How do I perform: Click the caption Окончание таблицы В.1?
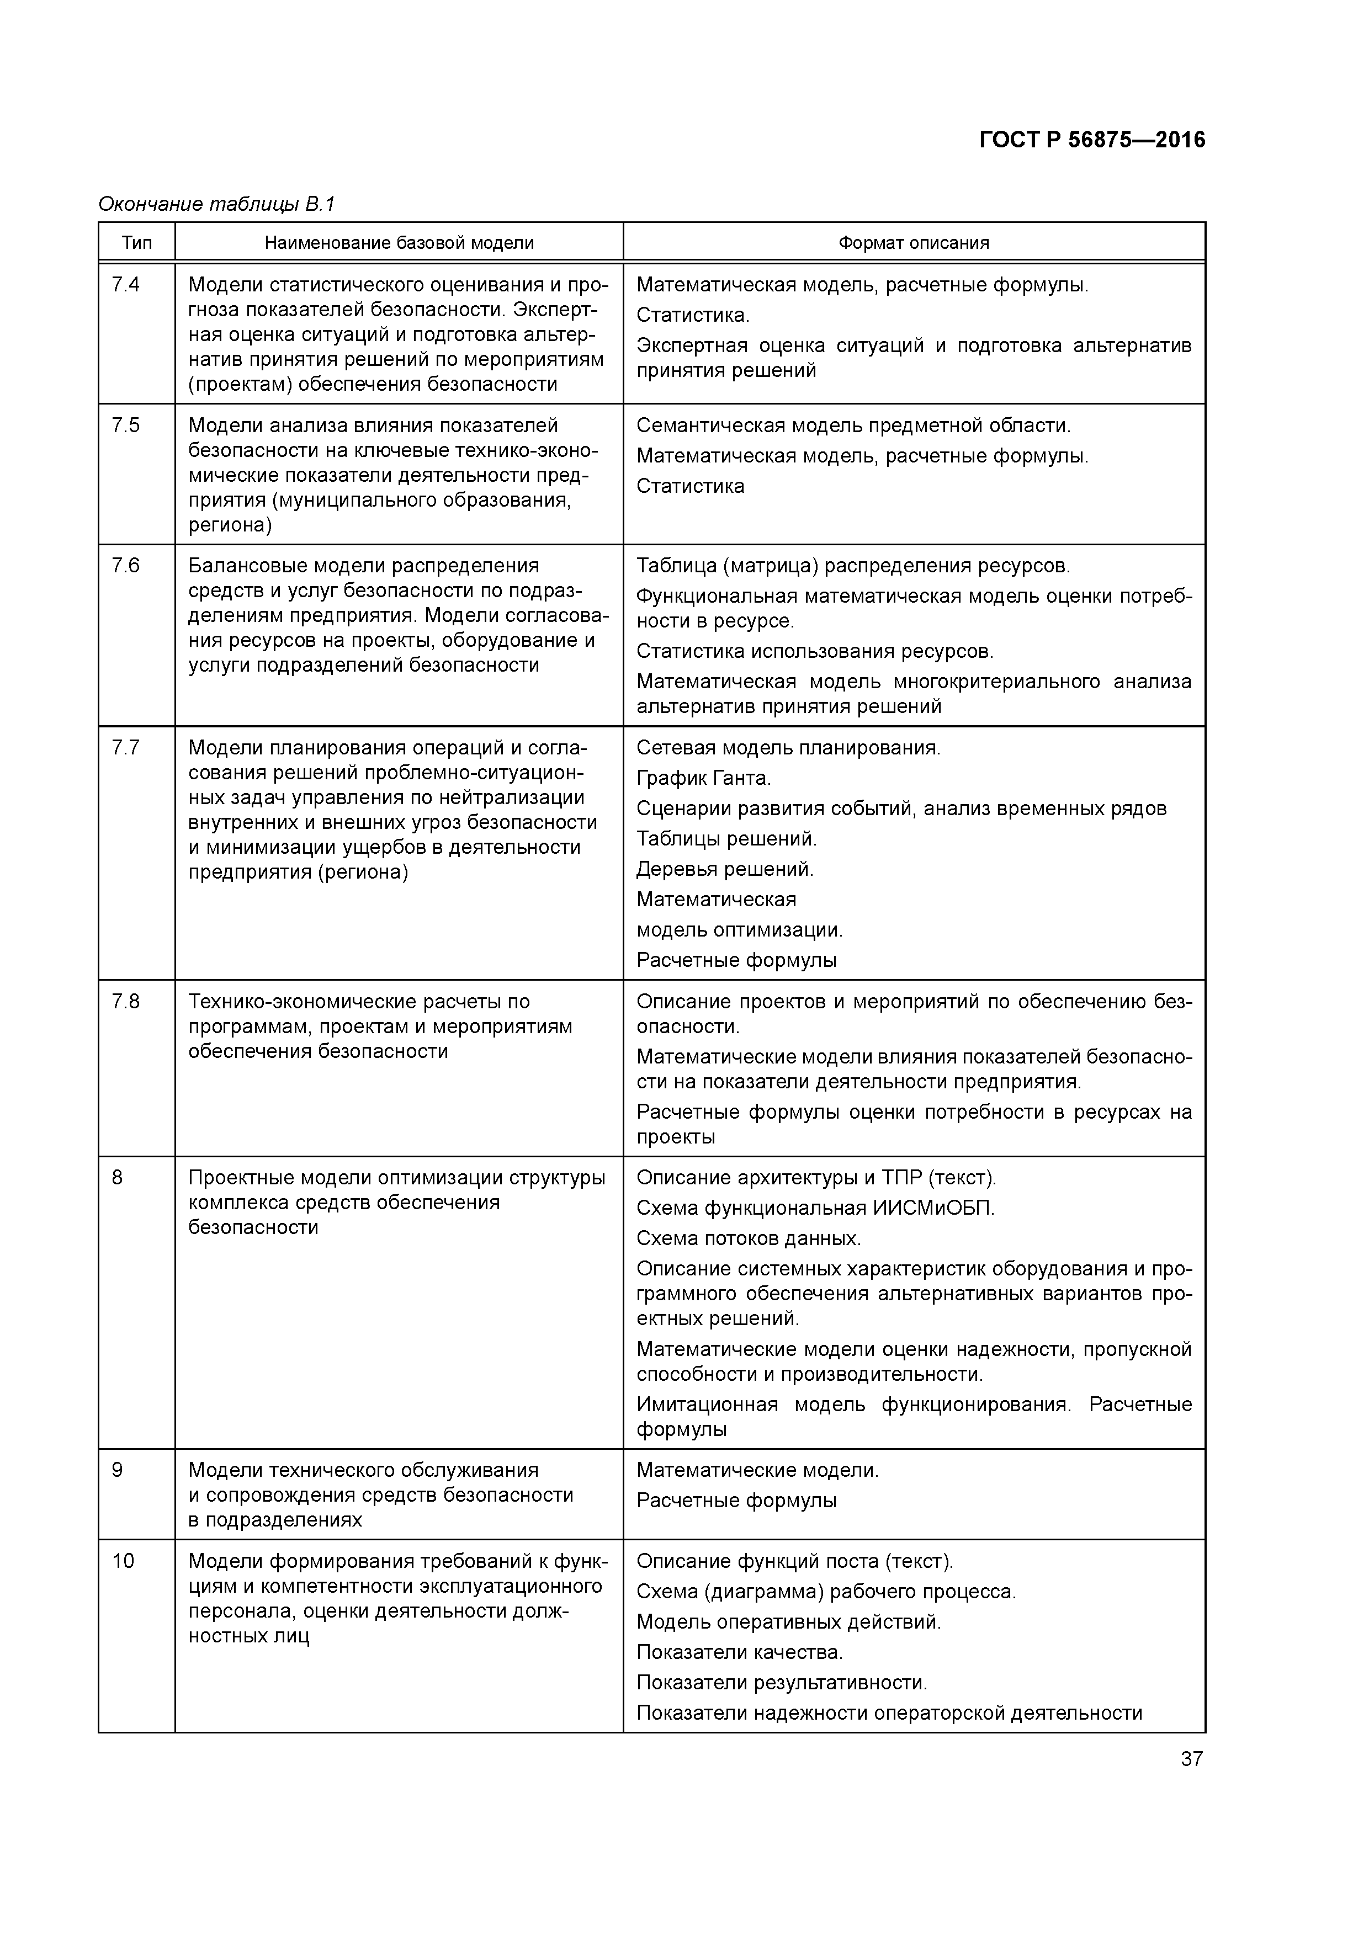point(217,204)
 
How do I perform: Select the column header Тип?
point(137,243)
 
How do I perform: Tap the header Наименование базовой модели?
point(399,243)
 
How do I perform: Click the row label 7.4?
point(126,285)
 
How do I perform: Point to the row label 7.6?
point(126,566)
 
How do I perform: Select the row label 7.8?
point(126,1002)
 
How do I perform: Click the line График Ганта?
point(703,778)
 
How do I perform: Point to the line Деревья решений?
point(725,869)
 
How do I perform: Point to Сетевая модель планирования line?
point(788,747)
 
